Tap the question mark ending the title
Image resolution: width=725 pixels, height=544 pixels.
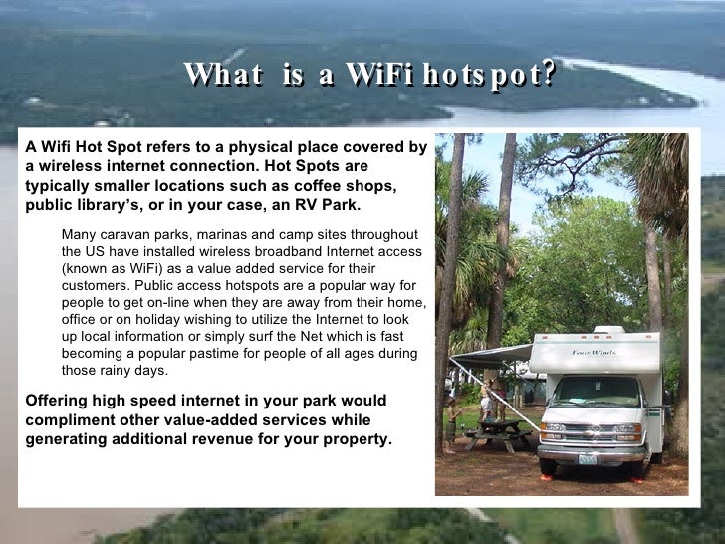[x=545, y=74]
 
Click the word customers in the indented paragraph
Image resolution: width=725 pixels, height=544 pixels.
[x=96, y=286]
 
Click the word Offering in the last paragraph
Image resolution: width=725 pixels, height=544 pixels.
[x=56, y=401]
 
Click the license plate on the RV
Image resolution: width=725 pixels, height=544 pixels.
[x=588, y=459]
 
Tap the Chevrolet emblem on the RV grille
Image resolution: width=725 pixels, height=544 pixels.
[x=590, y=430]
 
